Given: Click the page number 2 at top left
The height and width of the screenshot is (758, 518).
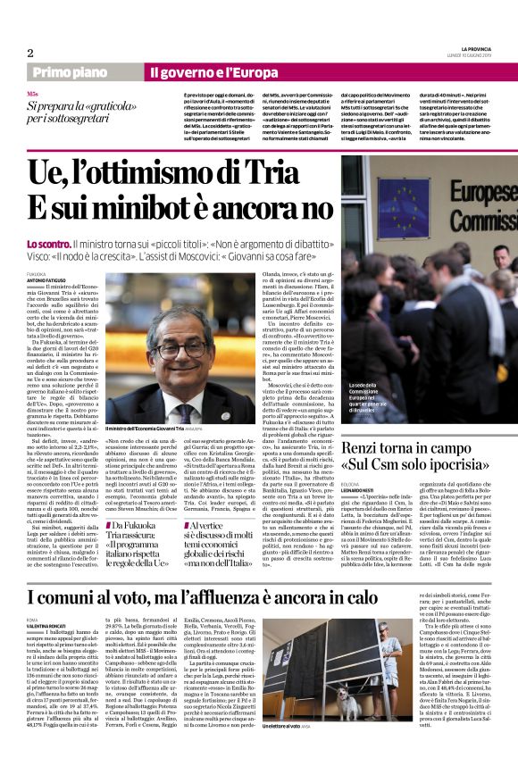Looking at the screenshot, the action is coord(30,53).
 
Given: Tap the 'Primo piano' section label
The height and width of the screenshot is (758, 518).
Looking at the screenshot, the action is coord(69,71).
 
